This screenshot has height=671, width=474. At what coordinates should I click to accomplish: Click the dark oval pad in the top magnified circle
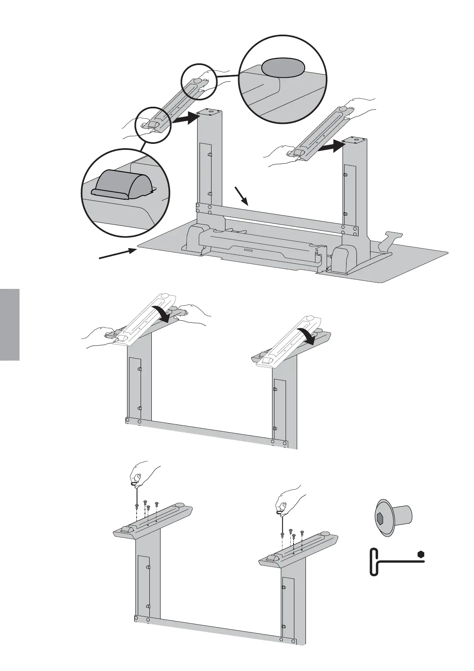(x=283, y=66)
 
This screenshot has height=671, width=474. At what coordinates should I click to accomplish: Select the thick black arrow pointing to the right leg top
(x=332, y=147)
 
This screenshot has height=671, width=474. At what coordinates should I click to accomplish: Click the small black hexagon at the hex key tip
(x=421, y=554)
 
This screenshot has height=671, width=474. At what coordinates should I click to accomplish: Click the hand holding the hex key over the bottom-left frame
(x=143, y=474)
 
